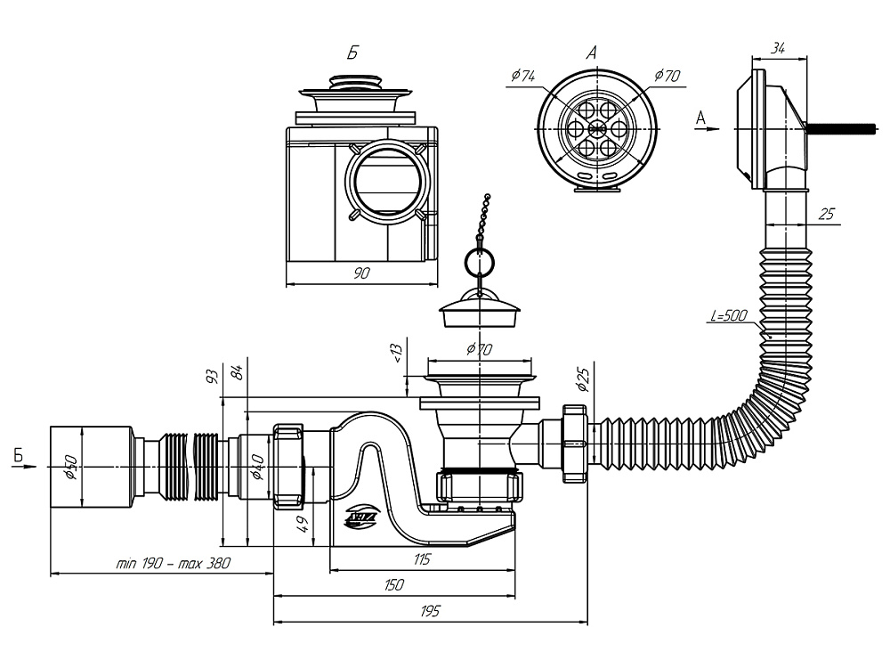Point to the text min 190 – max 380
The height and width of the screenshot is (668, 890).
(174, 563)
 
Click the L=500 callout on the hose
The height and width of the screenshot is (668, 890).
(730, 316)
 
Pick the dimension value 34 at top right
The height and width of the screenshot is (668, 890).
(779, 46)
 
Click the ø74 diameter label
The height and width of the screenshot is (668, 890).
(523, 77)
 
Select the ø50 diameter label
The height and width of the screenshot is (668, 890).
(72, 465)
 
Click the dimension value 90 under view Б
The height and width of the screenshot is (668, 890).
(361, 273)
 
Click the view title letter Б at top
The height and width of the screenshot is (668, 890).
(353, 53)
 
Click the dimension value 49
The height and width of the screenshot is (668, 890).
(303, 523)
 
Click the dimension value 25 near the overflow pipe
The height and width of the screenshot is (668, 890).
(826, 215)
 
